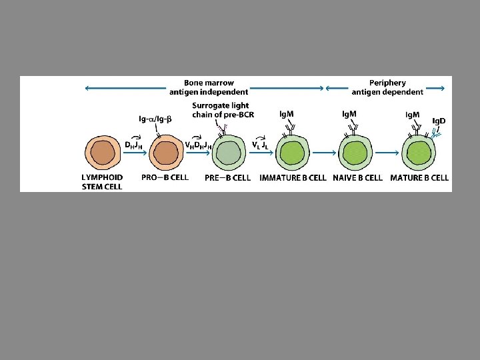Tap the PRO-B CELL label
pyautogui.click(x=165, y=177)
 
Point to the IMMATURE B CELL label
pyautogui.click(x=293, y=177)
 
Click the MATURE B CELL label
pyautogui.click(x=419, y=177)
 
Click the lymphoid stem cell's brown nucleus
pyautogui.click(x=103, y=153)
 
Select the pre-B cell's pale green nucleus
pyautogui.click(x=228, y=153)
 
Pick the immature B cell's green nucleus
pyautogui.click(x=291, y=153)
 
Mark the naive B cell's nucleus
pyautogui.click(x=354, y=153)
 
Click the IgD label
pyautogui.click(x=439, y=121)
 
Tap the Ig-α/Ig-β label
pyautogui.click(x=155, y=119)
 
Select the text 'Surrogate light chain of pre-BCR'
pyautogui.click(x=220, y=109)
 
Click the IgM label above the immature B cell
pyautogui.click(x=287, y=114)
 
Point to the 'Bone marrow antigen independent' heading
pyautogui.click(x=209, y=87)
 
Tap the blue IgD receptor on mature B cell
pyautogui.click(x=435, y=134)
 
